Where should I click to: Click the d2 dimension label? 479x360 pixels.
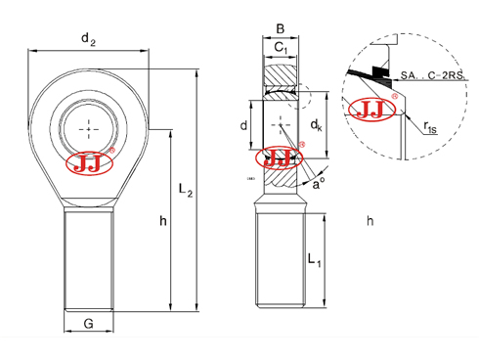coord(89,39)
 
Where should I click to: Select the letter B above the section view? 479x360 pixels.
coord(280,28)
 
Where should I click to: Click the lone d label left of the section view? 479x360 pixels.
coord(243,125)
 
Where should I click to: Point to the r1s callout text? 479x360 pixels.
coord(431,125)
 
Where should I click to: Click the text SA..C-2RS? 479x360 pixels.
coord(436,73)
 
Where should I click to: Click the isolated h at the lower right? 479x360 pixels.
coord(370,221)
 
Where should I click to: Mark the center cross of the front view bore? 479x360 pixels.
coord(91,128)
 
